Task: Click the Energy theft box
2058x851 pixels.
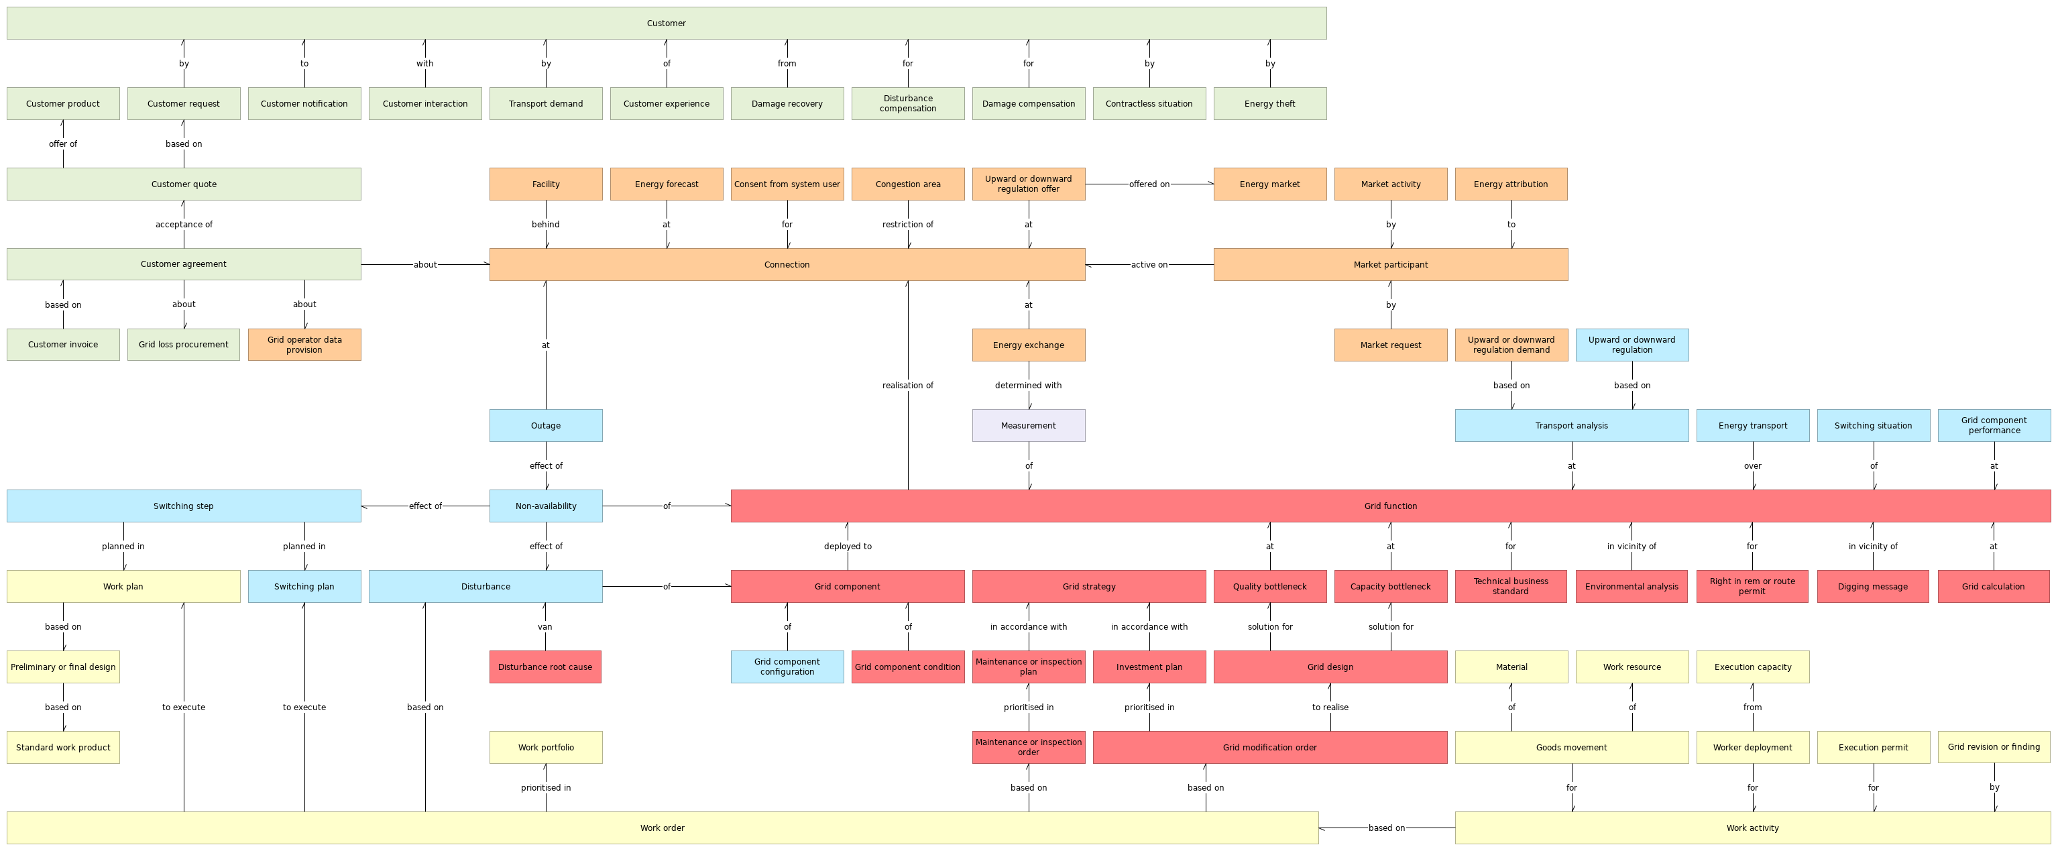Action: (x=1269, y=104)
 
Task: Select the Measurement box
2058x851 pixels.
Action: (x=1028, y=425)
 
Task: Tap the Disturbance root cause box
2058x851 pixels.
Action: (x=545, y=667)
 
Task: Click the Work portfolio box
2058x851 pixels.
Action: (x=546, y=747)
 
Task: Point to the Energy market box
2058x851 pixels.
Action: (x=1269, y=184)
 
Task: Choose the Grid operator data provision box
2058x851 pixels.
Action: (x=304, y=345)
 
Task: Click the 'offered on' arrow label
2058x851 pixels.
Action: (x=1149, y=184)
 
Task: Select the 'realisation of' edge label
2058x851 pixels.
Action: (x=907, y=385)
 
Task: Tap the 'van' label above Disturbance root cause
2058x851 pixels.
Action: (x=545, y=626)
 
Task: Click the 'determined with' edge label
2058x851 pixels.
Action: (x=1028, y=385)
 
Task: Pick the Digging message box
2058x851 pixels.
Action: (x=1873, y=587)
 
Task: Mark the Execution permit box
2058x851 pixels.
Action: (x=1873, y=747)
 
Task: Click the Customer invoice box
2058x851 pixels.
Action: (x=63, y=345)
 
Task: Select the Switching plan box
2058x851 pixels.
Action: (x=304, y=587)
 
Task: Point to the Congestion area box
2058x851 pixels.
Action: (x=907, y=184)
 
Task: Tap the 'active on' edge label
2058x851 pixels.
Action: (x=1149, y=264)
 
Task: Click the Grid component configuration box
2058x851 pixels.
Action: (x=787, y=667)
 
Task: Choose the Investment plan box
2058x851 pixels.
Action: (x=1149, y=667)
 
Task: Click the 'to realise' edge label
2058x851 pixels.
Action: (x=1330, y=707)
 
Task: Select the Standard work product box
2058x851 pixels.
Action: (x=63, y=747)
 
